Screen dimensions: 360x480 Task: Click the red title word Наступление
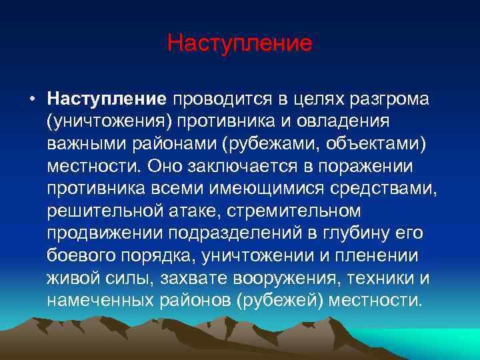[x=240, y=43]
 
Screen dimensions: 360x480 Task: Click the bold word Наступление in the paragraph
[x=106, y=99]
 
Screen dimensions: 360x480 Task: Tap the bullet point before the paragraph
[x=32, y=100]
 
